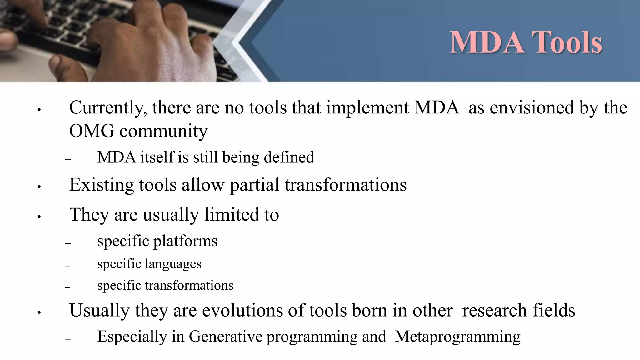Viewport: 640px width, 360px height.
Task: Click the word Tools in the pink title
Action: coord(567,42)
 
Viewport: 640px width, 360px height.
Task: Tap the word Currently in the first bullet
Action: coord(108,108)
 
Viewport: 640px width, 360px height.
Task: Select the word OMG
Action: coord(92,131)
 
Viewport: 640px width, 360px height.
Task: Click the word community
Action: coord(163,132)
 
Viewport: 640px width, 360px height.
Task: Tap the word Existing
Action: coord(102,185)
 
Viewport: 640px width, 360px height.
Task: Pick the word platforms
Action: coord(185,241)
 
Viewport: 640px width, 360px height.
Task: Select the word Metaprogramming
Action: coord(457,337)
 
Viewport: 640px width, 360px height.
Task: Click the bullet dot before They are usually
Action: coord(39,217)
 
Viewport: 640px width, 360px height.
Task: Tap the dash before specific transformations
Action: coord(68,287)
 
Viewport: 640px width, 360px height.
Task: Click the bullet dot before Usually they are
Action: coord(39,312)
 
